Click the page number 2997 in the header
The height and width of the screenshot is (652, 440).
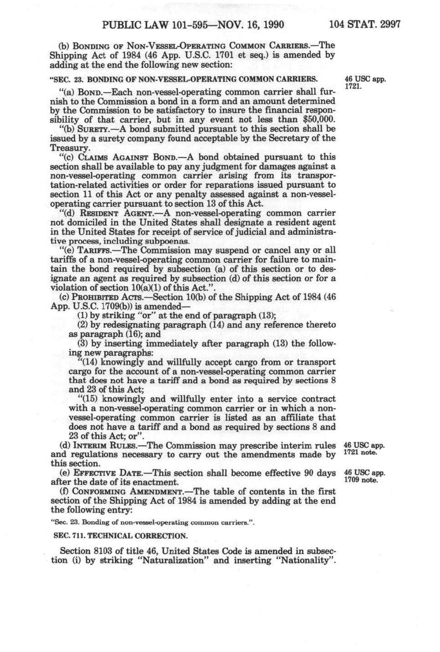390,24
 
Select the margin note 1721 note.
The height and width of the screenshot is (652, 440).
360,453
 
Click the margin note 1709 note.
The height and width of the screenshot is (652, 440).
360,480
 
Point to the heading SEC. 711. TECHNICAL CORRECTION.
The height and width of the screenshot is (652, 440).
119,536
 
